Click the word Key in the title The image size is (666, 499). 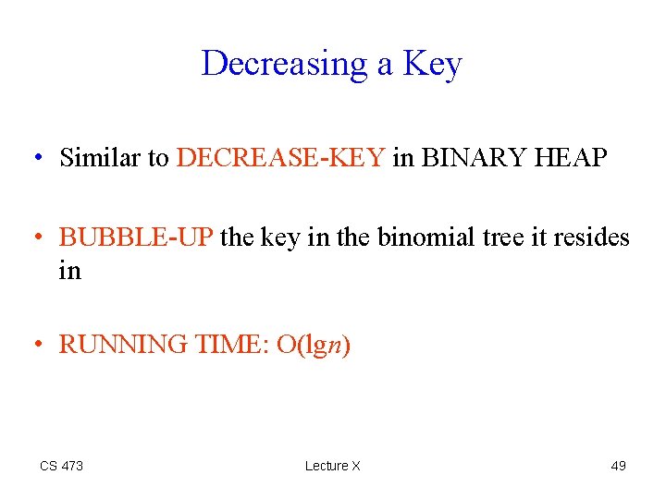click(x=434, y=64)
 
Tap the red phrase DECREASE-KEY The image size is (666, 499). click(x=280, y=158)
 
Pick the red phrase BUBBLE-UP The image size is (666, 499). click(x=137, y=237)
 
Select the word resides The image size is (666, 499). click(x=592, y=237)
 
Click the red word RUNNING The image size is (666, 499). click(x=123, y=345)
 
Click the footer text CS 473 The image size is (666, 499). click(x=61, y=466)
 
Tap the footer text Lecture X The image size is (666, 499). click(x=332, y=466)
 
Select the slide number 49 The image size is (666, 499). click(x=618, y=466)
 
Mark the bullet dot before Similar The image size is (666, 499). click(x=38, y=159)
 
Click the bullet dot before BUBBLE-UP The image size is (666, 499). click(x=38, y=238)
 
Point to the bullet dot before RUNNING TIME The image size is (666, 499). click(x=38, y=346)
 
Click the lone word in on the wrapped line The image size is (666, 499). click(x=70, y=271)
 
